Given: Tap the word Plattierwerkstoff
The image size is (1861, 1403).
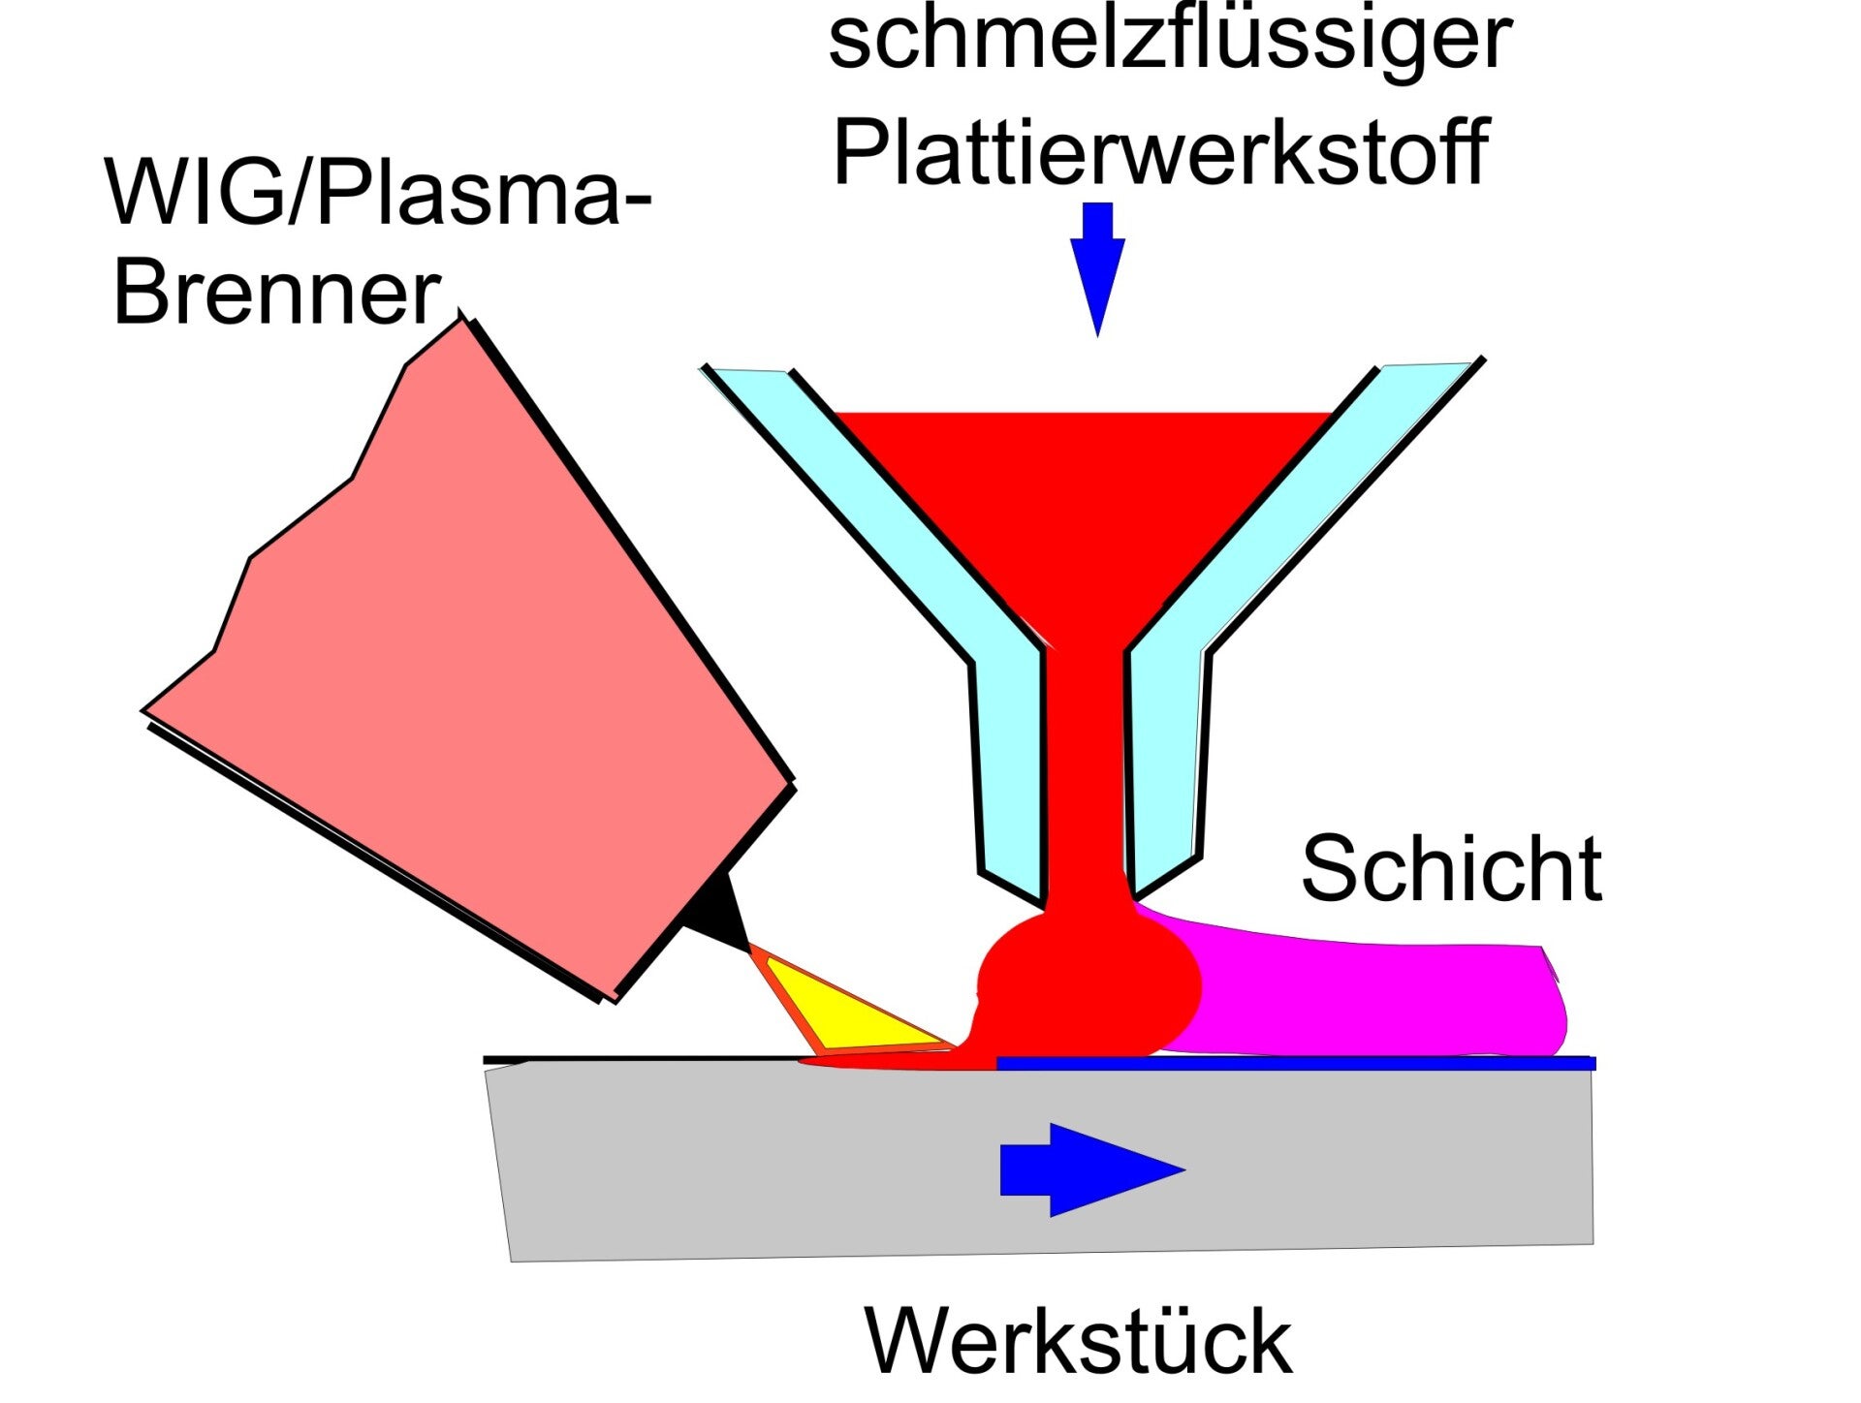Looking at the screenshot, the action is coord(1160,152).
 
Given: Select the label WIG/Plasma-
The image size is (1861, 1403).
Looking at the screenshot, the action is coord(379,193).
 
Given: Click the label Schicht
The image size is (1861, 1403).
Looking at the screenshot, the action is coord(1452,867).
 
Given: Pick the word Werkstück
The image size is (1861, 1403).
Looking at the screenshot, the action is coord(1078,1341).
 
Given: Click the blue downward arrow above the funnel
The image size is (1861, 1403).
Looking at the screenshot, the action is coord(1097,269).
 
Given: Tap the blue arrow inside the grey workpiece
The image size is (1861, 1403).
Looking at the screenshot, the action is coord(1092,1169).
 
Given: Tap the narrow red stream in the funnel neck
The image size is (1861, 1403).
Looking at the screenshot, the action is coord(1087,775).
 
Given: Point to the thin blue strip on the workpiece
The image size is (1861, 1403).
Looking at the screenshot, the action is coord(1296,1064).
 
